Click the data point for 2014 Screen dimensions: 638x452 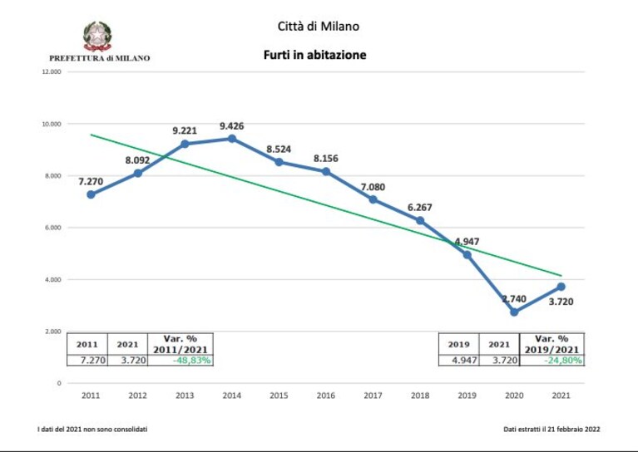(232, 139)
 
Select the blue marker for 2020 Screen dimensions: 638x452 (514, 312)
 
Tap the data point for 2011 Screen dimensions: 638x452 (91, 194)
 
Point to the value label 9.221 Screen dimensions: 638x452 (185, 131)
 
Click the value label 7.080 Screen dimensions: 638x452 (373, 187)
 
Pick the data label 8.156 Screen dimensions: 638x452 (326, 159)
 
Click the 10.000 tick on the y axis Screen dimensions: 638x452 (52, 124)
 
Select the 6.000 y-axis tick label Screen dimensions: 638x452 (53, 228)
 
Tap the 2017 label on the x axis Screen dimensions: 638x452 (373, 395)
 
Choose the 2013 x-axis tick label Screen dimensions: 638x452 (185, 395)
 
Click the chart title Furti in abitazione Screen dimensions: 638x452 (315, 55)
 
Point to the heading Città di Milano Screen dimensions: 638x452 (319, 27)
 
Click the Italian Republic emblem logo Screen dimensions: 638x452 (97, 37)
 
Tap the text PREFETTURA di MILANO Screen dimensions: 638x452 (100, 58)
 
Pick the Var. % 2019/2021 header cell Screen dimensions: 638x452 (552, 344)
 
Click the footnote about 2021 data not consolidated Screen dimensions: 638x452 (92, 430)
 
